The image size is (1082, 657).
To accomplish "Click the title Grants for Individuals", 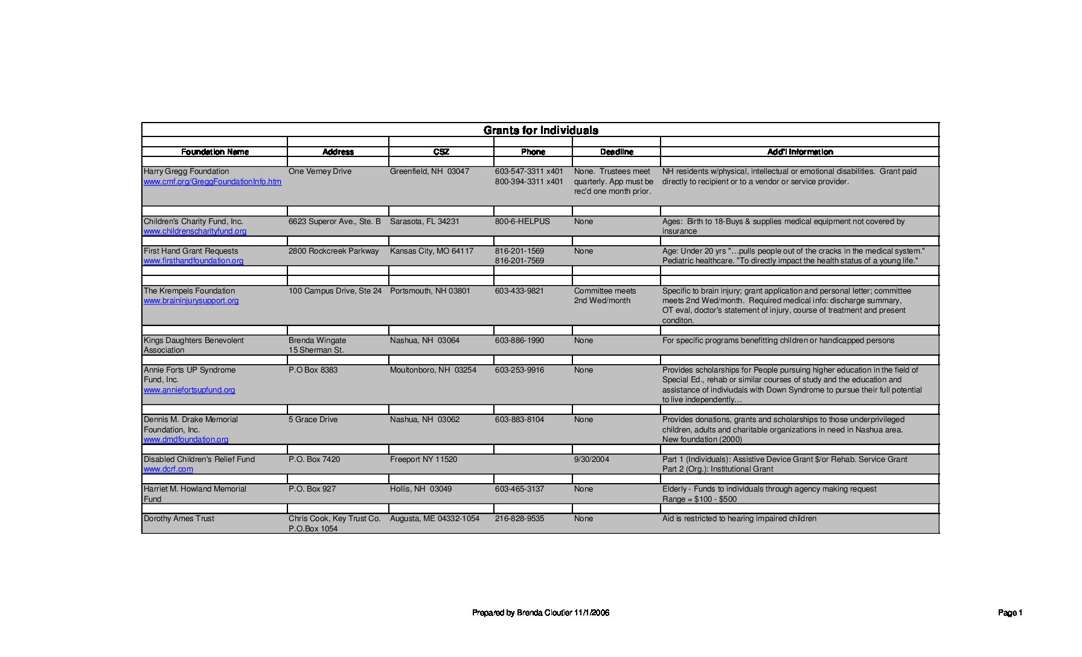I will (540, 130).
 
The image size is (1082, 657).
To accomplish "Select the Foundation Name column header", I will (214, 152).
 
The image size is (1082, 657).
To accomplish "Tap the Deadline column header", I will (616, 152).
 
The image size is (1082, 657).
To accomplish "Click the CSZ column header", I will (441, 152).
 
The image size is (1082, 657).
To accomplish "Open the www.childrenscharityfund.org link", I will (195, 231).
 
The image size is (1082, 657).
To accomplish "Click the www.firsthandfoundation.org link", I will (193, 261).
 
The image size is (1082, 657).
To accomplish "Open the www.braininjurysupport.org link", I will (191, 301).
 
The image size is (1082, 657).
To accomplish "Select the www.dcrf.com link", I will (168, 469).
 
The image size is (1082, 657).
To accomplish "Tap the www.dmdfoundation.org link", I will (186, 440).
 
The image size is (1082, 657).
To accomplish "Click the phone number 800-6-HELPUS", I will (522, 222).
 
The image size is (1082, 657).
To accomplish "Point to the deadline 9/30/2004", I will (592, 460).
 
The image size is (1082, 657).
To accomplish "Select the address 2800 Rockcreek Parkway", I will (333, 251).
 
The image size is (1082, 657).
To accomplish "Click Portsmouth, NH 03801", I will (430, 291).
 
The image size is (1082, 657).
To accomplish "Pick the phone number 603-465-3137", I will (519, 489).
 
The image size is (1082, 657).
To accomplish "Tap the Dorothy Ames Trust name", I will (179, 519).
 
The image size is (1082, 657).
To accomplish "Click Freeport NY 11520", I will (423, 460).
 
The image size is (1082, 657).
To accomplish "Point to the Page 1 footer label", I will (1010, 613).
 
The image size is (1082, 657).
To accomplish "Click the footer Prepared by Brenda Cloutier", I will (540, 613).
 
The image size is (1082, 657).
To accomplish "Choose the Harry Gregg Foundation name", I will (186, 171).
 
